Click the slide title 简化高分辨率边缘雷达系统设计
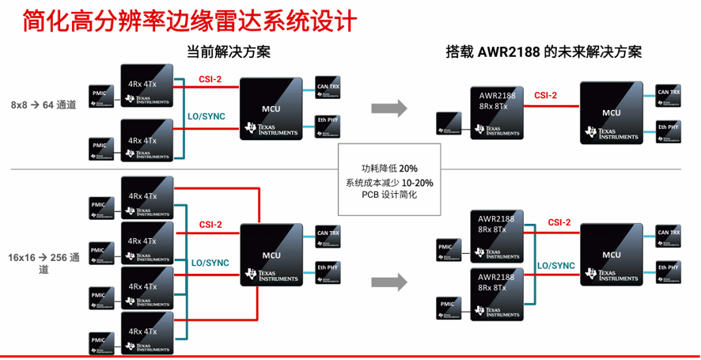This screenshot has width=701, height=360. click(x=179, y=21)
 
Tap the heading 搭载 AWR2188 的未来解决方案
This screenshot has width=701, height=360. click(x=544, y=52)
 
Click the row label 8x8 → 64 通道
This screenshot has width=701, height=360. click(x=44, y=104)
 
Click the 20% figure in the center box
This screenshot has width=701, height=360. click(x=408, y=169)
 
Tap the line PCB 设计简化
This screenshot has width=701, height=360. click(x=389, y=195)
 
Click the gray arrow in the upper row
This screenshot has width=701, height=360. click(x=388, y=107)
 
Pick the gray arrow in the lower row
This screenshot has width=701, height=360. click(x=388, y=281)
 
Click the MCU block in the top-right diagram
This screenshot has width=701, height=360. click(x=611, y=112)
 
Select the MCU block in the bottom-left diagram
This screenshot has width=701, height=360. click(x=271, y=255)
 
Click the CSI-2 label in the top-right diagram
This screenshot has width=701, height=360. click(x=545, y=96)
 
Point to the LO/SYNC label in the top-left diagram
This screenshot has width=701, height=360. click(x=206, y=116)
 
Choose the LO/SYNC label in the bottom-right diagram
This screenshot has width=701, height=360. click(x=556, y=266)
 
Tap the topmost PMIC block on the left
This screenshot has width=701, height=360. click(x=99, y=93)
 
